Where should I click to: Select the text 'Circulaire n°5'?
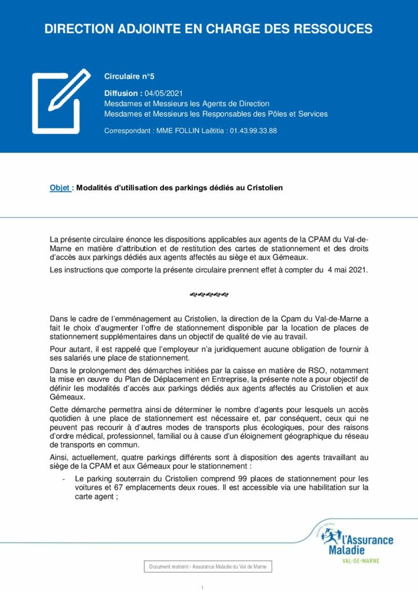[129, 76]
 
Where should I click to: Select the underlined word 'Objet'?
[60, 188]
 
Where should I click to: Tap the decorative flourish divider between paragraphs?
[208, 295]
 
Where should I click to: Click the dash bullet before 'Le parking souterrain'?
[62, 479]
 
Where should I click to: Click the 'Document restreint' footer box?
[208, 567]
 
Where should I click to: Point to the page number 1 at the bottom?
[203, 588]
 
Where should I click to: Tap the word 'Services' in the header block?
[312, 114]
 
